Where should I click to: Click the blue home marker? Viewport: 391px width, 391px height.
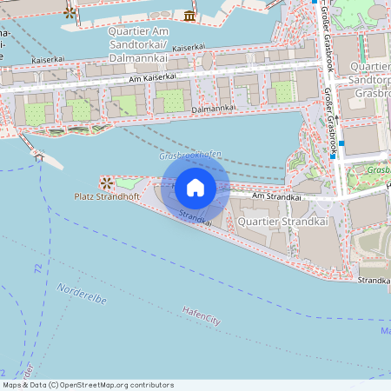click(x=195, y=187)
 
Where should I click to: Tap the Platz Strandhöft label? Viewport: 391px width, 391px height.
click(x=108, y=197)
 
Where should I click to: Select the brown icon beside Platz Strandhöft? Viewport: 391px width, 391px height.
click(x=107, y=182)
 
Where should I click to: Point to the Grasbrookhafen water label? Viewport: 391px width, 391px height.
click(x=190, y=155)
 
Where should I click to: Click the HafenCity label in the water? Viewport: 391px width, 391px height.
click(x=202, y=316)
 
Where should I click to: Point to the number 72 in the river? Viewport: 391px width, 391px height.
click(x=37, y=270)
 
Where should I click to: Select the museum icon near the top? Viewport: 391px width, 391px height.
click(x=189, y=16)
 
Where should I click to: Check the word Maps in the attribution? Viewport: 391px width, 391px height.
click(x=12, y=385)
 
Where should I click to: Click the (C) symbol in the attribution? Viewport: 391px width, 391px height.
click(x=53, y=385)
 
